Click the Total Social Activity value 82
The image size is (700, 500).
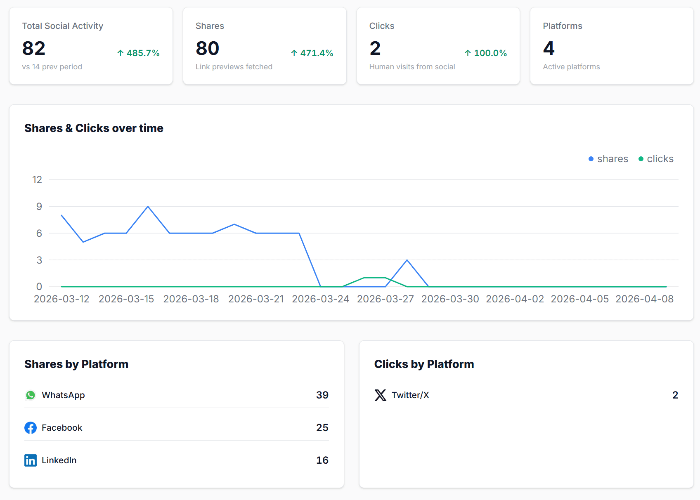(x=34, y=49)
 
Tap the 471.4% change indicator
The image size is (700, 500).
(x=312, y=53)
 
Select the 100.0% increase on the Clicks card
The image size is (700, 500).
(x=486, y=53)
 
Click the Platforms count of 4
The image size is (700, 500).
(x=549, y=49)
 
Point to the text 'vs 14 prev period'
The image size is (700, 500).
(x=52, y=67)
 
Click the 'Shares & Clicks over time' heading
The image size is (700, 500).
(x=94, y=128)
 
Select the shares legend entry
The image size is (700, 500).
(x=608, y=159)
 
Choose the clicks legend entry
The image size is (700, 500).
(x=656, y=159)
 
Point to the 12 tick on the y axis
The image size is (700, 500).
(x=37, y=180)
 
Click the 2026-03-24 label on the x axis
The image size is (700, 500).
(x=321, y=299)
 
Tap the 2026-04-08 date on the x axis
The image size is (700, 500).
(x=644, y=299)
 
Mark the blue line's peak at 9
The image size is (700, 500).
(x=148, y=206)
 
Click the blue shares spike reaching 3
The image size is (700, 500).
(x=407, y=260)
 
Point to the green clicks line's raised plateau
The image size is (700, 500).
(x=374, y=278)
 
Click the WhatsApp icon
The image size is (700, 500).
(x=31, y=395)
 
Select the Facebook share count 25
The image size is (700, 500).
(x=322, y=428)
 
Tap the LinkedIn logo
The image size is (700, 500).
(x=31, y=460)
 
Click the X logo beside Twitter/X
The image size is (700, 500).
(x=380, y=395)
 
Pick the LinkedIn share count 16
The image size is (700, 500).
(x=322, y=460)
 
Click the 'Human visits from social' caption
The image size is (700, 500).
(x=412, y=67)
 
